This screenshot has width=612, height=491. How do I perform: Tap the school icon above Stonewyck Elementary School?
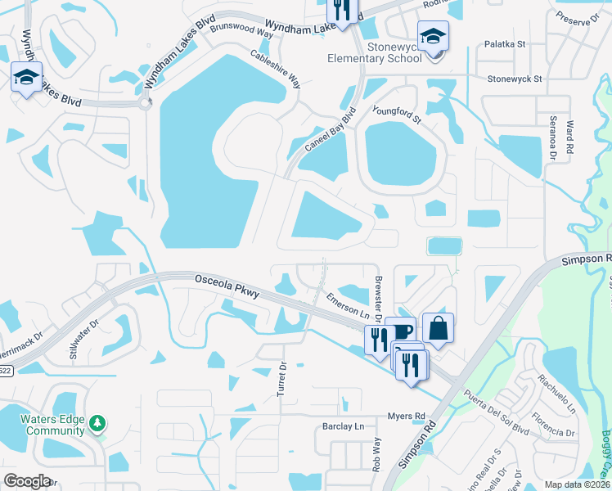(433, 35)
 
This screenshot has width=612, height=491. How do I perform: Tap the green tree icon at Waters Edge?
(98, 422)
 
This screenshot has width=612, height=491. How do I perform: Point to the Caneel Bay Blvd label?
(331, 131)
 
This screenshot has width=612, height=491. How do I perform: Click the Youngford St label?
(396, 115)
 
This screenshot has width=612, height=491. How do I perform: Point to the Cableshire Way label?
(276, 72)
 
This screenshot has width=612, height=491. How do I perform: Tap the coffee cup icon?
(400, 331)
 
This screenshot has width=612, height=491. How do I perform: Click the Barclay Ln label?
(342, 426)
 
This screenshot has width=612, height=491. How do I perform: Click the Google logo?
(27, 481)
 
